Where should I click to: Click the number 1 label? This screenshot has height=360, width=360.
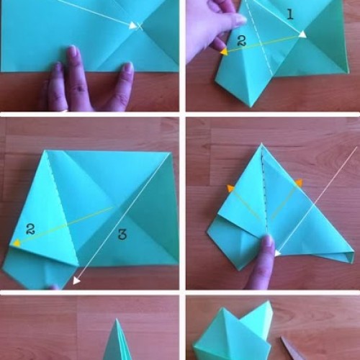(290, 14)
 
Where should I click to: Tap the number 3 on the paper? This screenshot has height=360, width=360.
(122, 234)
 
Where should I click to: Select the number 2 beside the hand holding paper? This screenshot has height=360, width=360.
(241, 40)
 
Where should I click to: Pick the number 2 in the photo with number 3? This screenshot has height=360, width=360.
(30, 229)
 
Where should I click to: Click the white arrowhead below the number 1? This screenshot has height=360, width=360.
(302, 34)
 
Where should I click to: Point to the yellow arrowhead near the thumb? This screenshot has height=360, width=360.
(224, 52)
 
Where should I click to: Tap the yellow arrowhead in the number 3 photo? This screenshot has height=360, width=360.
(17, 243)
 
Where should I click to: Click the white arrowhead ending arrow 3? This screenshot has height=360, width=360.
(76, 280)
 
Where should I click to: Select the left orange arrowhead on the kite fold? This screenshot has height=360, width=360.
(231, 189)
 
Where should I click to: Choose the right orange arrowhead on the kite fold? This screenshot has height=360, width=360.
(299, 183)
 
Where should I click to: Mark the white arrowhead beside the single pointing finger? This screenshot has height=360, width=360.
(278, 253)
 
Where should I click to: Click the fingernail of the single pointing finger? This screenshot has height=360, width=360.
(268, 241)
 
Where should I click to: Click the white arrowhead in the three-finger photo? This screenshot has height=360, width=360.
(133, 25)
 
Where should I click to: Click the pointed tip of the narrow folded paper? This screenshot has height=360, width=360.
(117, 319)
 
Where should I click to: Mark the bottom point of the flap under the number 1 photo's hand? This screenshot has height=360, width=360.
(251, 107)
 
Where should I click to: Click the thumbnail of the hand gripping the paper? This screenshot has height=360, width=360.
(240, 20)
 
